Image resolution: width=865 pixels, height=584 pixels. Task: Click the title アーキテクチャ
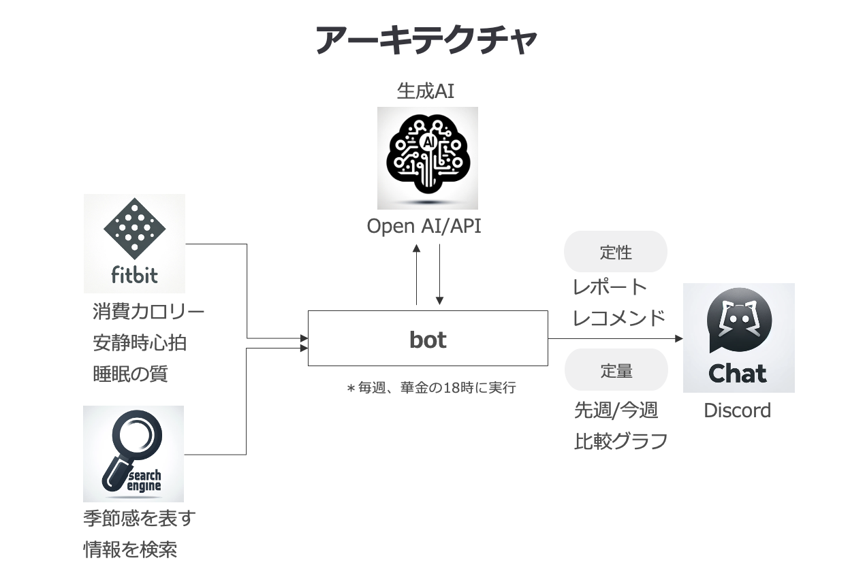(x=426, y=41)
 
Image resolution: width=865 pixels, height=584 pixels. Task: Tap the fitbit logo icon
(x=134, y=243)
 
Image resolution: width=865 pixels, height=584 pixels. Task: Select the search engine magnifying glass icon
(x=133, y=453)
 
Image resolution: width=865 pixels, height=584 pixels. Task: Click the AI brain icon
(x=428, y=158)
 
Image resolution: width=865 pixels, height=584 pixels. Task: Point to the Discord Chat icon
(x=738, y=338)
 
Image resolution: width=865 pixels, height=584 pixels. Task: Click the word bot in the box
(x=428, y=339)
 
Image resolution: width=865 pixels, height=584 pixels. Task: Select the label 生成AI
(x=426, y=91)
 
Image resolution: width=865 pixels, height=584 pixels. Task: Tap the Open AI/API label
(x=424, y=227)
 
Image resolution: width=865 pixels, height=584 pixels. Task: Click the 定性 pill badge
(x=616, y=253)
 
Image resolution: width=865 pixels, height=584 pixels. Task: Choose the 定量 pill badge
(x=616, y=371)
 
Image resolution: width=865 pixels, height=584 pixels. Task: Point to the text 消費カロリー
(x=148, y=312)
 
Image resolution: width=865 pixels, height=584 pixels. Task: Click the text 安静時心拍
(x=140, y=343)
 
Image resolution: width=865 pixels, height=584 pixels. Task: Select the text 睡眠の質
(x=130, y=374)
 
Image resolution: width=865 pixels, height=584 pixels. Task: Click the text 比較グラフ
(x=620, y=441)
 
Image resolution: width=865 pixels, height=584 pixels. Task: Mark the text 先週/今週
(x=616, y=410)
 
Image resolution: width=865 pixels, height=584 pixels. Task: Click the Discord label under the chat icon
(x=737, y=410)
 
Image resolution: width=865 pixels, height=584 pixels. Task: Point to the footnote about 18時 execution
(x=431, y=388)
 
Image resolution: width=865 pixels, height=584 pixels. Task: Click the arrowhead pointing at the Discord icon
(x=678, y=338)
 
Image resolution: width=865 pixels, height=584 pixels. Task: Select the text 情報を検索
(x=130, y=549)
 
